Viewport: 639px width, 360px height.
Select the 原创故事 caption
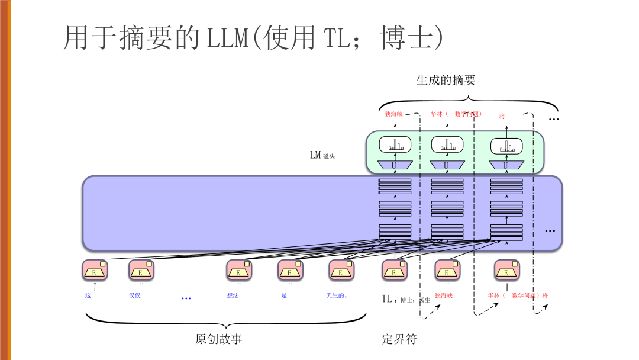(218, 339)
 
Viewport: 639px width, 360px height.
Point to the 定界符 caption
(399, 339)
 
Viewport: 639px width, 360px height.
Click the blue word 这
(88, 295)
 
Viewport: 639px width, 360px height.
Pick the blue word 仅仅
(134, 295)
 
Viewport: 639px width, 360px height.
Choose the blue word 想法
(233, 295)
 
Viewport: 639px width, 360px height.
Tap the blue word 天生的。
(337, 295)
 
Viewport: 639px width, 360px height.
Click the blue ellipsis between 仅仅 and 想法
(186, 298)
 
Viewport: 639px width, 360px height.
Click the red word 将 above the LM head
(502, 116)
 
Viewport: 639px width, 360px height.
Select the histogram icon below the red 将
(506, 145)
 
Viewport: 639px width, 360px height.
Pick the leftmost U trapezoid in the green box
(393, 165)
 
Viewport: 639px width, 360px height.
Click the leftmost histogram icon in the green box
(394, 144)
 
